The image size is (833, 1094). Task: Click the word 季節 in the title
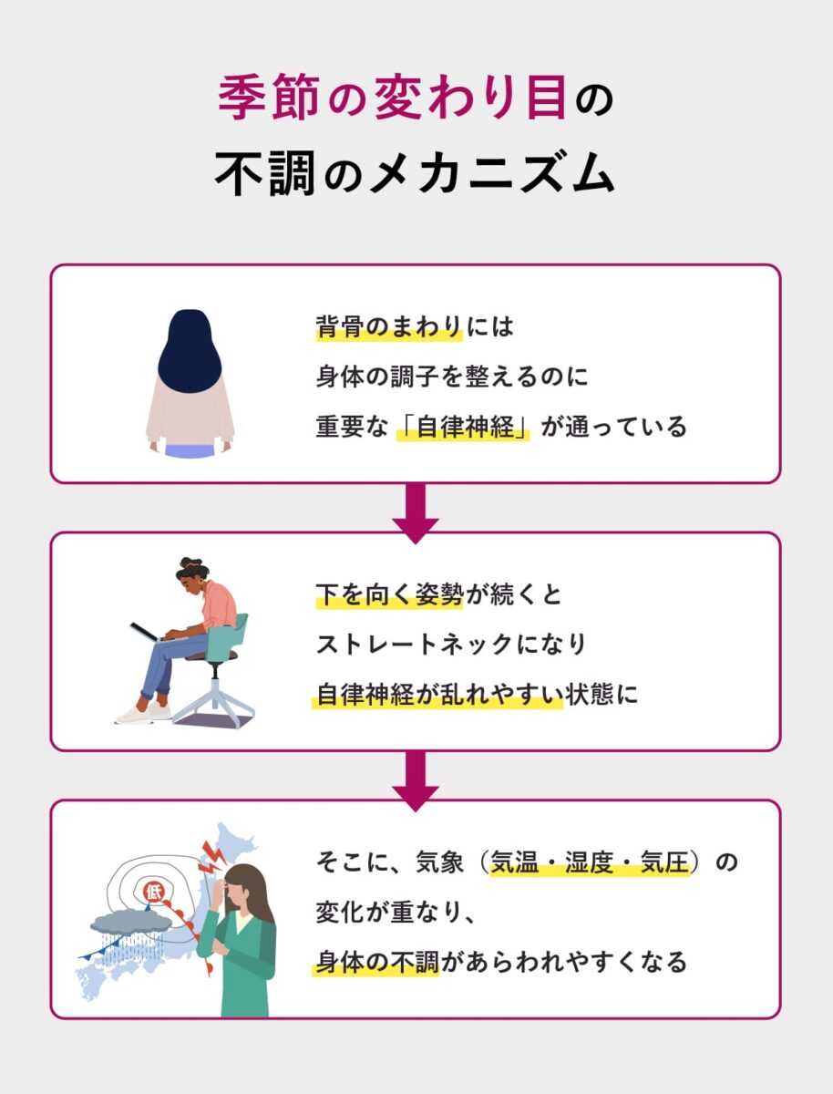point(269,97)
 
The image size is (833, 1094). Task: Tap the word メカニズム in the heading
point(493,173)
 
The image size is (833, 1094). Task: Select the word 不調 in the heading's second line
point(265,173)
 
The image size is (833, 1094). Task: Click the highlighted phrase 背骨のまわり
point(389,327)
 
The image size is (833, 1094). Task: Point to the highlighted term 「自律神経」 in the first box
point(463,428)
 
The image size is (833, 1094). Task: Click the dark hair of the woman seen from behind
point(190,350)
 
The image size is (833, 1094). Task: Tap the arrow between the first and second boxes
point(416,513)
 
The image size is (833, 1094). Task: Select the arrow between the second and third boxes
point(416,781)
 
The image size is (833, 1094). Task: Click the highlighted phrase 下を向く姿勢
point(389,594)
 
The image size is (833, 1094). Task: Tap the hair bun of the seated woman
point(191,563)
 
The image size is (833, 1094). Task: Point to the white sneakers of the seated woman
point(143,713)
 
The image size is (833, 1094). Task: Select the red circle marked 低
point(153,892)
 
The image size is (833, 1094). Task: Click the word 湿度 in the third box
point(590,862)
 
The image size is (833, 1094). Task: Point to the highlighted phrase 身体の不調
point(377,962)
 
